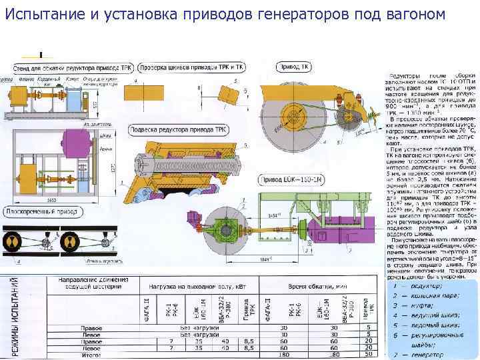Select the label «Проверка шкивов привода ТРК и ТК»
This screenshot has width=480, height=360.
193,67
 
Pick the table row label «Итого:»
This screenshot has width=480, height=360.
91,353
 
